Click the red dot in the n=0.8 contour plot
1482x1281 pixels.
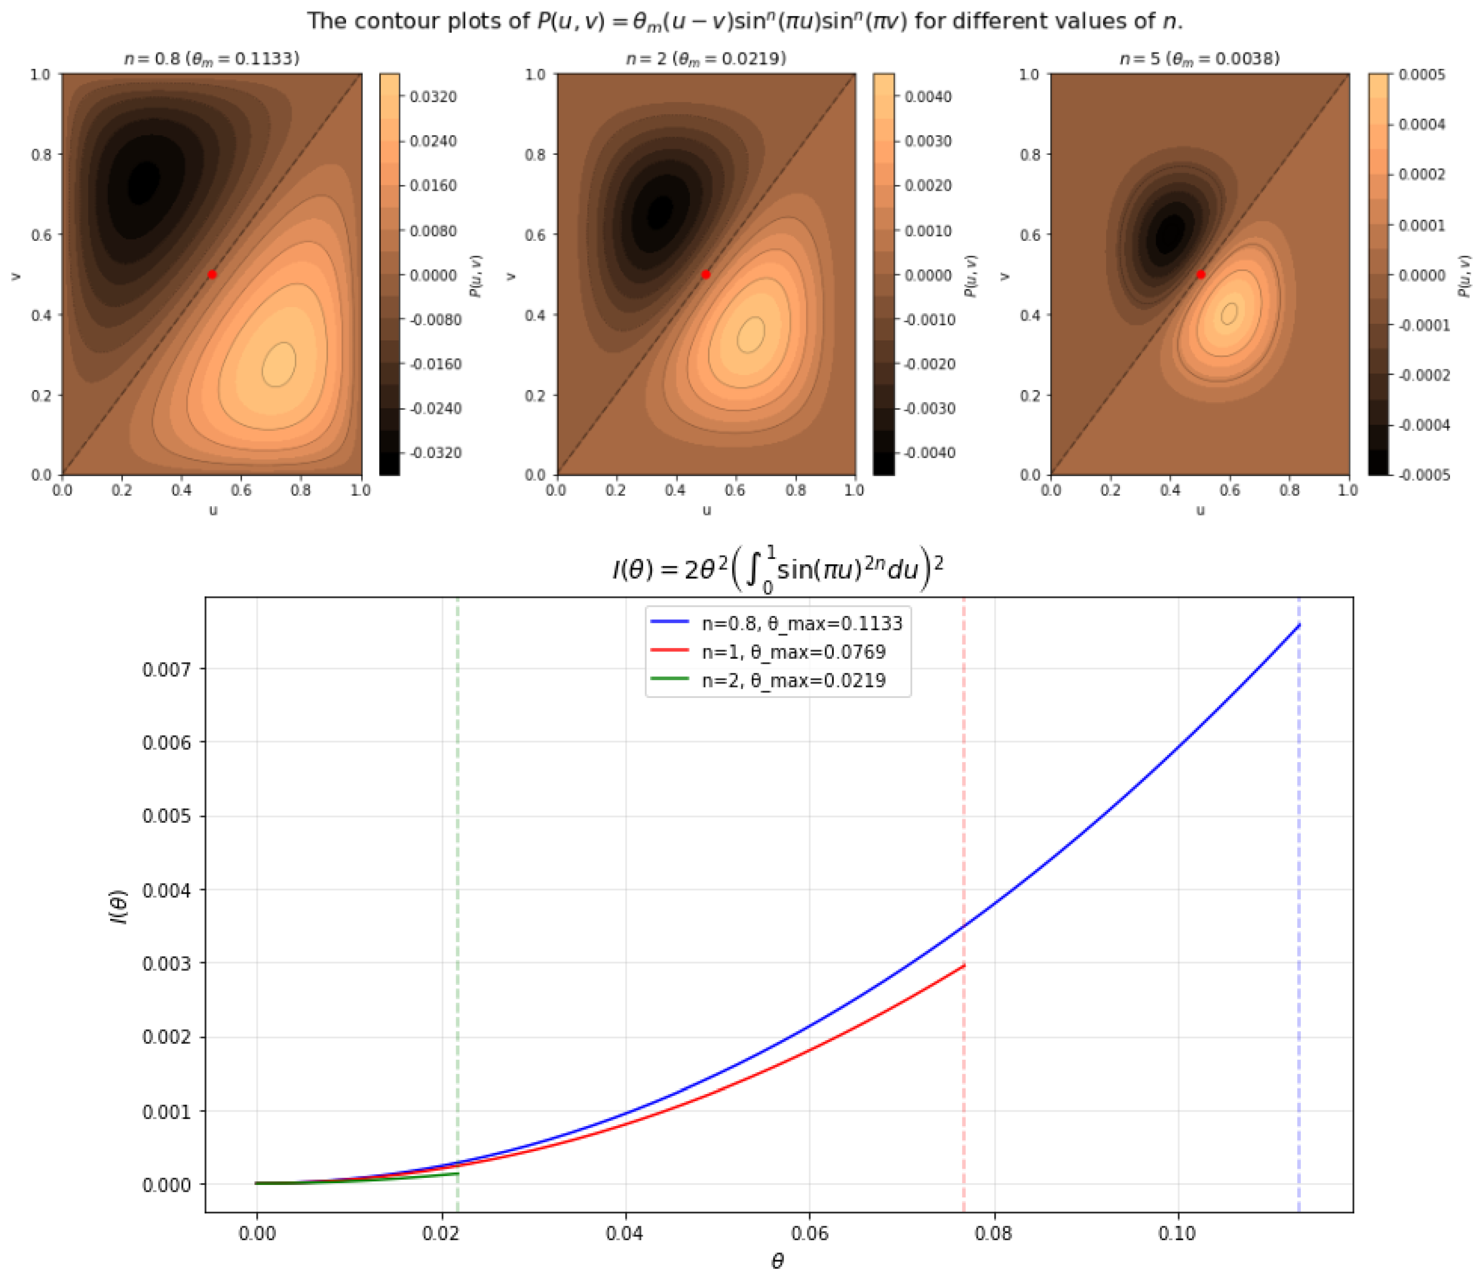point(212,275)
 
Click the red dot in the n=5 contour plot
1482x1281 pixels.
point(1201,275)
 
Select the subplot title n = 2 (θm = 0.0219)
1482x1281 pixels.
point(706,59)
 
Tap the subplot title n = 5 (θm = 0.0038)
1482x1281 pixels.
point(1200,59)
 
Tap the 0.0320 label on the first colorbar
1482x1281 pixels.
point(433,97)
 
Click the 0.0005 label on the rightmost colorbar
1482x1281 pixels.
point(1421,75)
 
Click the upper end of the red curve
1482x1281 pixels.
point(964,966)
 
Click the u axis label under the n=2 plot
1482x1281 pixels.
point(707,510)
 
